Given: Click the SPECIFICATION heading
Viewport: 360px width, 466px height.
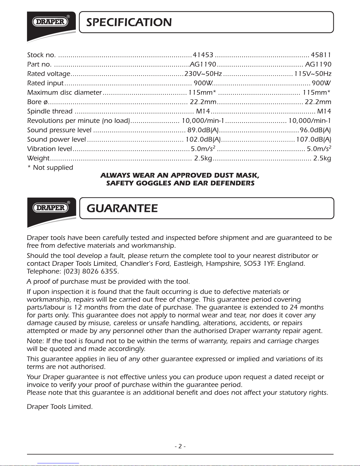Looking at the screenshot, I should (129, 22).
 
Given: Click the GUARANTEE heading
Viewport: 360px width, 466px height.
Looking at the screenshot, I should (122, 208).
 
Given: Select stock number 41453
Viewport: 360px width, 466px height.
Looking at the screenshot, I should (203, 55).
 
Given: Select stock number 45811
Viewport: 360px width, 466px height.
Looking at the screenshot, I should (321, 55).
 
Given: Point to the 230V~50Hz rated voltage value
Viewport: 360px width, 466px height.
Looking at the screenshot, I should (203, 74).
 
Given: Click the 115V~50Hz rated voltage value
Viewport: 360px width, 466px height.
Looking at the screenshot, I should (313, 74).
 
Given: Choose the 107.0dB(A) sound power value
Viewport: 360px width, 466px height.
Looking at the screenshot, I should (314, 139).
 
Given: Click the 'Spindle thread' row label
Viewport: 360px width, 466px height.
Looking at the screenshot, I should (50, 111).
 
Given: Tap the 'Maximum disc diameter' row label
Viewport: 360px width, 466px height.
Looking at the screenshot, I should (64, 93).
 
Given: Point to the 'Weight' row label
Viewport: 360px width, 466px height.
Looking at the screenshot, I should (38, 158).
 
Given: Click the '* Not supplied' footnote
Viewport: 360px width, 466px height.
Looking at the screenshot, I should (50, 168).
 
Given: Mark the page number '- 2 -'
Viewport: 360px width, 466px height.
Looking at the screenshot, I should (180, 446).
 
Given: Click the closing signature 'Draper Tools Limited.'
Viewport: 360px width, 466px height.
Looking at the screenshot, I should (60, 407).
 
